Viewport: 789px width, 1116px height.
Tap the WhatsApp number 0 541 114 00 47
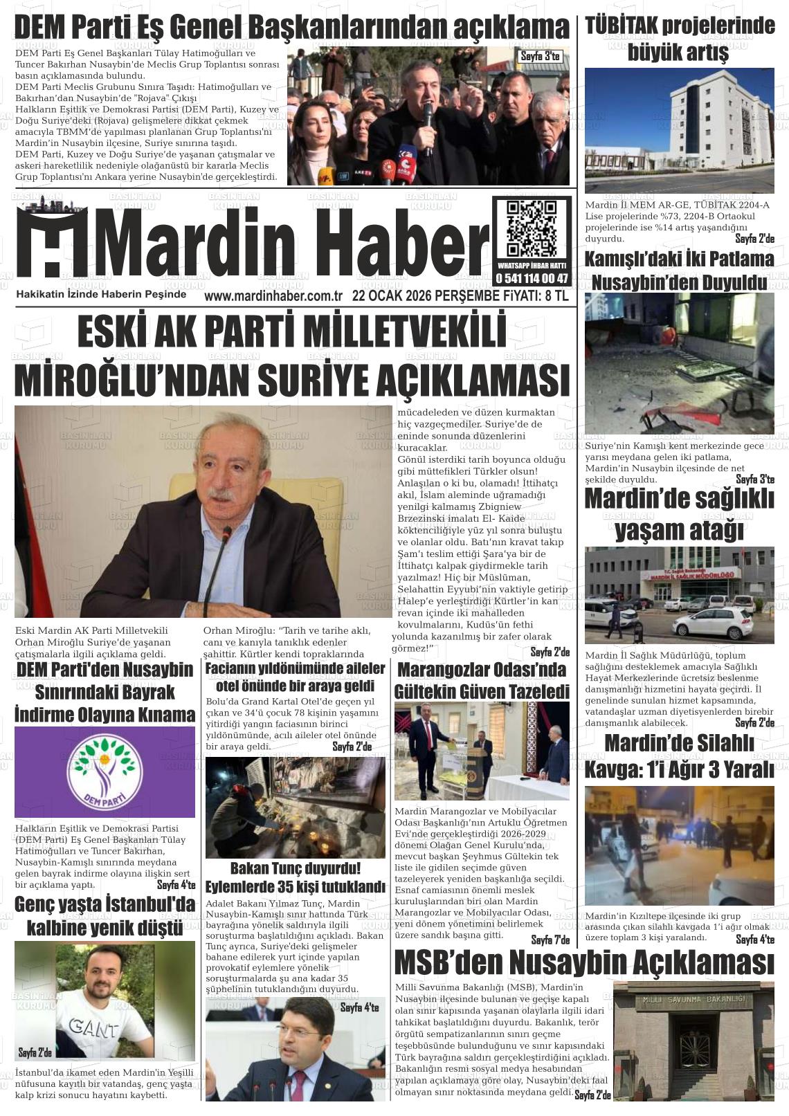click(x=532, y=278)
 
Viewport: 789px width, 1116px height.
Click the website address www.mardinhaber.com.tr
click(x=274, y=295)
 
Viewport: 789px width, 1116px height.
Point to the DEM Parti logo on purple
click(x=105, y=771)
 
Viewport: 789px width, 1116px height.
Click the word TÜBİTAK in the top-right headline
click(x=620, y=26)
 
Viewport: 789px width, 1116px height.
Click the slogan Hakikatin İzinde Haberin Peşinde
click(x=101, y=294)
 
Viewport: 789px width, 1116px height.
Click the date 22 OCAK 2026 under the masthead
click(x=391, y=295)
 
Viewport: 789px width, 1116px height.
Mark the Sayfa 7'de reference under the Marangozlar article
click(x=550, y=940)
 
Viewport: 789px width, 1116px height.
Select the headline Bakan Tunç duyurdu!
click(x=295, y=868)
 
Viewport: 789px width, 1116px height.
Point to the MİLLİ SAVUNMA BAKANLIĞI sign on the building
click(x=693, y=999)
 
